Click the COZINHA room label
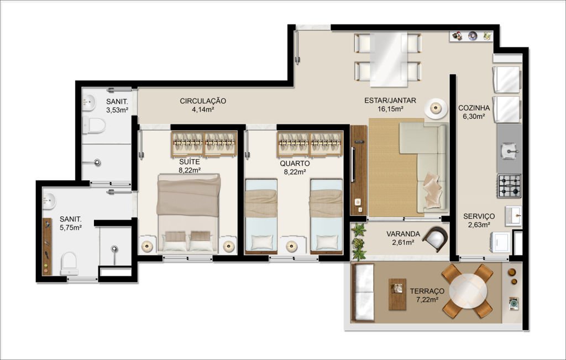click(x=474, y=108)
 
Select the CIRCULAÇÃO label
click(x=203, y=101)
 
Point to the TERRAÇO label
click(x=427, y=291)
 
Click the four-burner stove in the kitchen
click(x=509, y=186)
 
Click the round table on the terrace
click(x=468, y=290)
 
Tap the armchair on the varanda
click(x=436, y=239)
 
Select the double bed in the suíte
click(x=188, y=213)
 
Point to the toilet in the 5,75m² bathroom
click(x=69, y=263)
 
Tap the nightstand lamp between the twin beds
click(x=292, y=246)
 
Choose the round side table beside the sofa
click(x=436, y=108)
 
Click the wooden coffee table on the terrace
click(x=397, y=294)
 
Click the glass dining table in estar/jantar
click(x=389, y=60)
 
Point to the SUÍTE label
click(x=190, y=162)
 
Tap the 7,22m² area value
click(x=427, y=299)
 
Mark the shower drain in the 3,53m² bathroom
click(x=97, y=162)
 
